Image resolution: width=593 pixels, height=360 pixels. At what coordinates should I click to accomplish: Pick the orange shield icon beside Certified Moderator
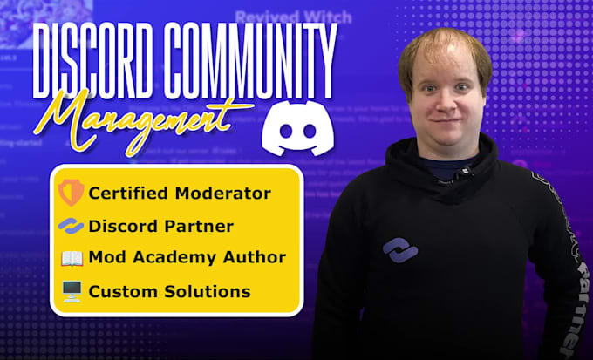click(x=71, y=193)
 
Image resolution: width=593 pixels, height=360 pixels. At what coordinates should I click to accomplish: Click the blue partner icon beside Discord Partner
click(x=71, y=226)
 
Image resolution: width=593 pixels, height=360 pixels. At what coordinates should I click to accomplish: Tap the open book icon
click(x=71, y=258)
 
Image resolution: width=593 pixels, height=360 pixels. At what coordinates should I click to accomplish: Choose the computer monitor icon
click(x=71, y=291)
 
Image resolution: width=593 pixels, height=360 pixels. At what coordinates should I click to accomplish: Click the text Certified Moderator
click(x=180, y=193)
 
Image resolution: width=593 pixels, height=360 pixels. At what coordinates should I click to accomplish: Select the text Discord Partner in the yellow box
click(x=161, y=226)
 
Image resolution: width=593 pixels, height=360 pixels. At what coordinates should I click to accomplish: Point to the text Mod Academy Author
click(x=187, y=258)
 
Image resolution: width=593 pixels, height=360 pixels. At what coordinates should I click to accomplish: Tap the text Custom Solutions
click(x=169, y=291)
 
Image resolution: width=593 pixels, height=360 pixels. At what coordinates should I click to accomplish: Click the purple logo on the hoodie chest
click(x=399, y=250)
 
